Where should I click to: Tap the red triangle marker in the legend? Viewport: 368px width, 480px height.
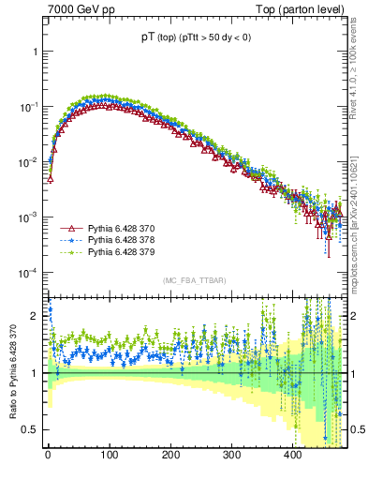coord(70,229)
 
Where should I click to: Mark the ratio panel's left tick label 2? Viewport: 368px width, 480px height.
coord(35,317)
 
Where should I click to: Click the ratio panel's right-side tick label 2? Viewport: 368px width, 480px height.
coord(355,317)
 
